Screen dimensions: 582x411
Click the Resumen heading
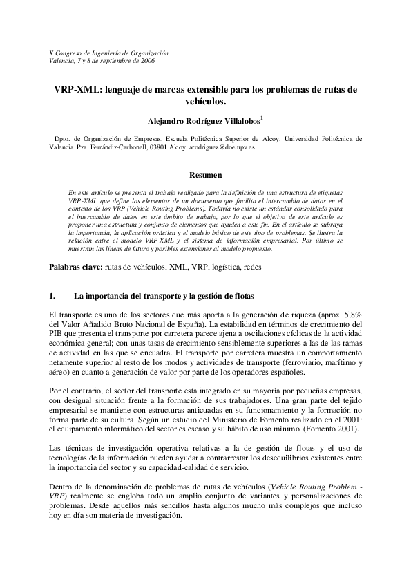pyautogui.click(x=205, y=176)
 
